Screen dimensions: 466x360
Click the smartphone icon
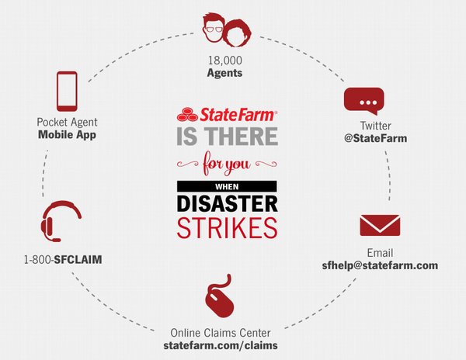[67, 91]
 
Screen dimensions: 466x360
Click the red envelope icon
[380, 225]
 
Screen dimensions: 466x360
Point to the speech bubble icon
[364, 101]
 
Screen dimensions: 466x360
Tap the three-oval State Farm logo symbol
[187, 114]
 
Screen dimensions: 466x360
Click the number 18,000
[225, 61]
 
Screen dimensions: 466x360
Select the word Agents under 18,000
[224, 73]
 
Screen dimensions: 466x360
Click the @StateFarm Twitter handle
[376, 138]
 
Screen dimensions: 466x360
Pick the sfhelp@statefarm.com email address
[380, 265]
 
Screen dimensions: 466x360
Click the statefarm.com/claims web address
[221, 345]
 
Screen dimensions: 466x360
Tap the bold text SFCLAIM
[78, 260]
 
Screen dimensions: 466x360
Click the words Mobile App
[67, 134]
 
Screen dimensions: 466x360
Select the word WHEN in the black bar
[227, 187]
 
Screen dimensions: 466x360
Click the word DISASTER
[228, 204]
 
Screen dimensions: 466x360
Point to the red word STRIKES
[228, 228]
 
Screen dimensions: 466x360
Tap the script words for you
[227, 164]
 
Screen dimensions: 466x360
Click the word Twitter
[376, 126]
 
